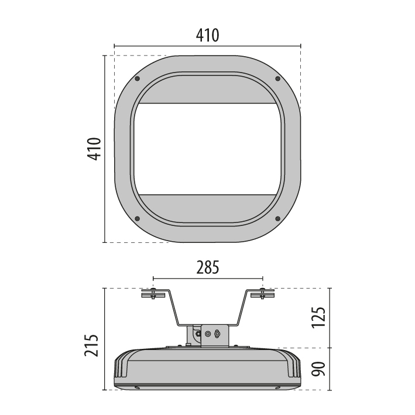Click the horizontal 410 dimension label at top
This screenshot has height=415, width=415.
point(207,35)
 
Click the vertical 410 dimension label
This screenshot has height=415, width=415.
point(94,149)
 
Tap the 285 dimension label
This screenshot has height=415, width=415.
point(208,267)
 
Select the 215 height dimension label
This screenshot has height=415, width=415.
point(91,345)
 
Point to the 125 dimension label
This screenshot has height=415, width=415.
point(318,318)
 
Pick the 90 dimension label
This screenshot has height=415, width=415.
point(318,369)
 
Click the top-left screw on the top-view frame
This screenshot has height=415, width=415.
point(137,78)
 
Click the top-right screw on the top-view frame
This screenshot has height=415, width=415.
point(277,78)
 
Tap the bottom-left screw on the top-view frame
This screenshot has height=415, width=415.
point(137,218)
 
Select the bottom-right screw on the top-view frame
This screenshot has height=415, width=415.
point(277,218)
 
